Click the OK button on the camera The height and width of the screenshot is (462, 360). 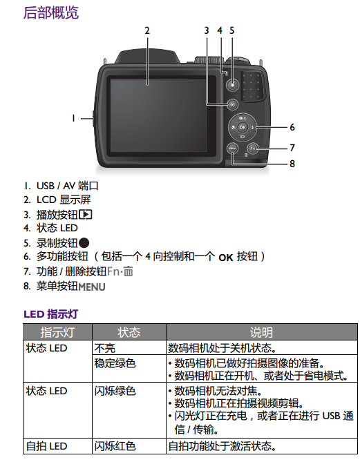243,127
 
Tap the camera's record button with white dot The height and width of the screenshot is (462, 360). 232,85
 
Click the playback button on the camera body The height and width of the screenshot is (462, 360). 233,104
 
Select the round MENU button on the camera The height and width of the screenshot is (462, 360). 232,148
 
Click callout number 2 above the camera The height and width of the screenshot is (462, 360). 147,30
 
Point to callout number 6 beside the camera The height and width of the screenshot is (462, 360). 292,127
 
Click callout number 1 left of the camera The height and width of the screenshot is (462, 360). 73,118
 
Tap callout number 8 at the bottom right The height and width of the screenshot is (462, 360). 292,164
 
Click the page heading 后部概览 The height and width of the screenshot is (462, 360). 51,12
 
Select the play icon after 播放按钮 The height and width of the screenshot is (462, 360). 86,214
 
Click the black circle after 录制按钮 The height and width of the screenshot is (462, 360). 84,243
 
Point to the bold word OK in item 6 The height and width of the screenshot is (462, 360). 226,258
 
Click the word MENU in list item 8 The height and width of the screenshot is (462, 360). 92,287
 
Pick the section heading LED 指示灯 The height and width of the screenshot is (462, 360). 50,314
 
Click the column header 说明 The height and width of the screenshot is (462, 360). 261,332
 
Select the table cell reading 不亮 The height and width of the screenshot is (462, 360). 104,348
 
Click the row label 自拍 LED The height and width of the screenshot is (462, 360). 46,446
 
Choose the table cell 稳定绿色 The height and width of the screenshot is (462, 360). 115,363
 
